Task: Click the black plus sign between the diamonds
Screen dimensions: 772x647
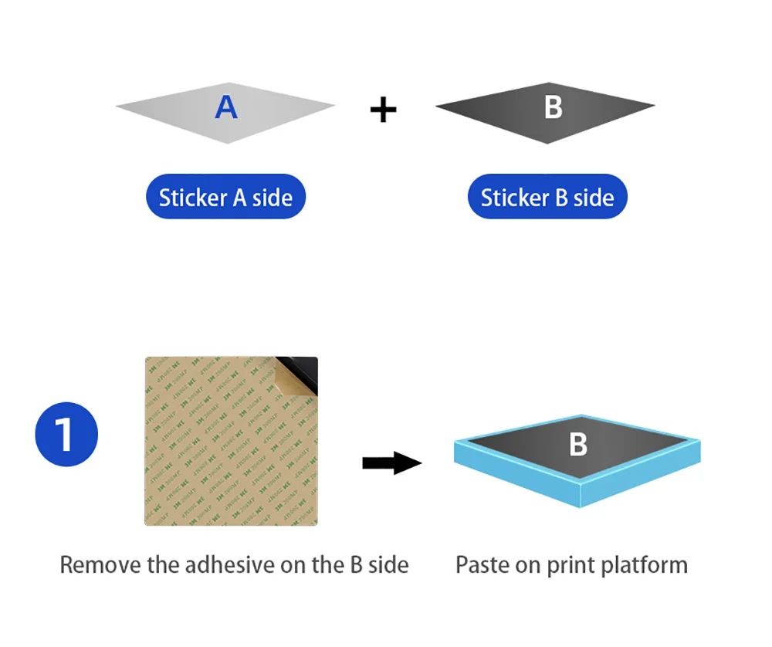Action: pyautogui.click(x=383, y=110)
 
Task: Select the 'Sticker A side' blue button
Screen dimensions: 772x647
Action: pyautogui.click(x=225, y=197)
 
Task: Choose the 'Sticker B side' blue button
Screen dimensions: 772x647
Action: pyautogui.click(x=547, y=197)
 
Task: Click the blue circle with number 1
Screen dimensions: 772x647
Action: pyautogui.click(x=66, y=434)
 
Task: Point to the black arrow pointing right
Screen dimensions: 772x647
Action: pyautogui.click(x=391, y=463)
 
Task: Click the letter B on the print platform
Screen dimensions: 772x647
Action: pyautogui.click(x=577, y=444)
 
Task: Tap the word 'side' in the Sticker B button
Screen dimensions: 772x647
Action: pyautogui.click(x=594, y=197)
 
